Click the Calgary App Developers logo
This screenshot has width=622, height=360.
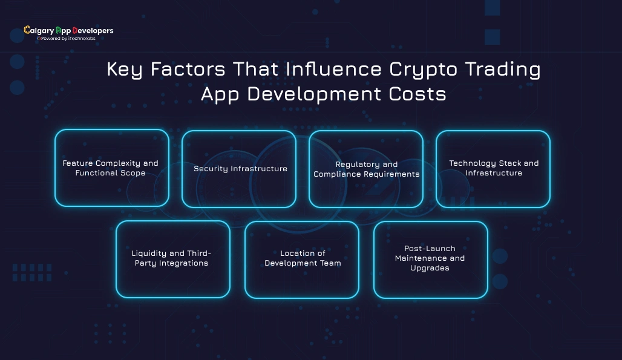68,30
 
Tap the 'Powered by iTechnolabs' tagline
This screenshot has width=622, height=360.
68,38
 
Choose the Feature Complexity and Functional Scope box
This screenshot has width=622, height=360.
111,168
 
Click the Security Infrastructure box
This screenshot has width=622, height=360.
239,169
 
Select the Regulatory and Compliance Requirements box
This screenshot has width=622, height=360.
366,169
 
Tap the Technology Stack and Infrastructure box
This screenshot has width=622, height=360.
493,169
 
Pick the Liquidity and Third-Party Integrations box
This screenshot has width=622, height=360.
172,259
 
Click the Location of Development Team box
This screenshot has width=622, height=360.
302,259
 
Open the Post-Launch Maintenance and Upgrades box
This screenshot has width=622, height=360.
430,259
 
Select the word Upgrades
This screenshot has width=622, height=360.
430,268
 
